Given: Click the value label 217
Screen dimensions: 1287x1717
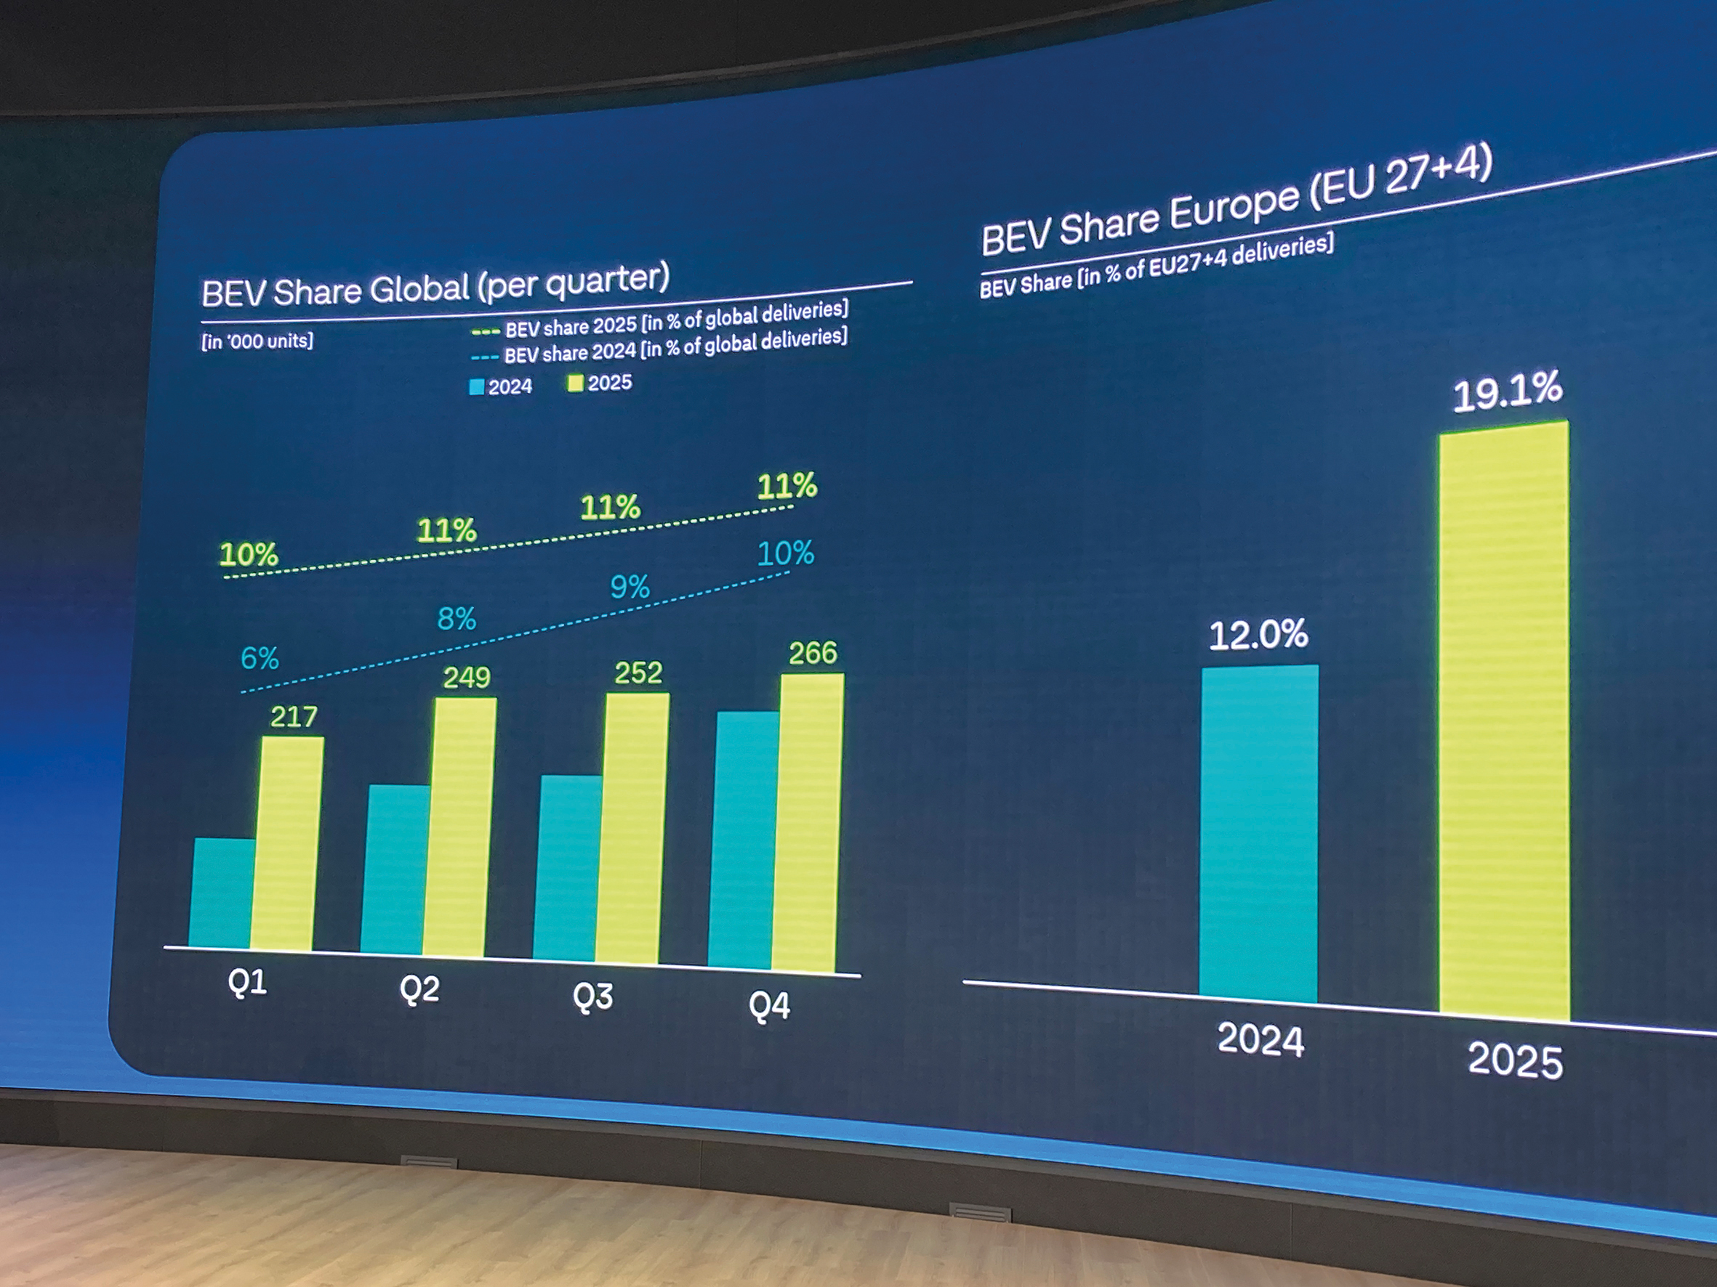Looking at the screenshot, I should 294,716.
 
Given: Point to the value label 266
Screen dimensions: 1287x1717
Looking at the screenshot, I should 813,653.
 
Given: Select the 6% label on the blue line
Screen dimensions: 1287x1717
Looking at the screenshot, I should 260,659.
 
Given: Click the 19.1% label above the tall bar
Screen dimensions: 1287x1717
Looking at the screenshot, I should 1507,392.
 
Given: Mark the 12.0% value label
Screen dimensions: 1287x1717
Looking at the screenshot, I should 1258,635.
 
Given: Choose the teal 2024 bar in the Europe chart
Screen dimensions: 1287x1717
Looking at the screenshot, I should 1258,834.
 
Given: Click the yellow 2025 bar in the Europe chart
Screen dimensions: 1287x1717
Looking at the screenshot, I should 1503,721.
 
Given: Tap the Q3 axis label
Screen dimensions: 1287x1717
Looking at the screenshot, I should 592,996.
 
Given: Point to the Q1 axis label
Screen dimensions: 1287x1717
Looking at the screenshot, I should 248,983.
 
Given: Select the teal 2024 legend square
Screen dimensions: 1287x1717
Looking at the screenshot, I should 477,387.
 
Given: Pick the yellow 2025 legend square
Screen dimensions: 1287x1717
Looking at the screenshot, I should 575,383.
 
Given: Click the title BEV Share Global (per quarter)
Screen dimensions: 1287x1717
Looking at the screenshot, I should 435,286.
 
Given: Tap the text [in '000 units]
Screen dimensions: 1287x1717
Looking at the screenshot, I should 257,341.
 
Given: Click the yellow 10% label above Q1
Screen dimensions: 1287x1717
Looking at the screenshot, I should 249,555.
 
